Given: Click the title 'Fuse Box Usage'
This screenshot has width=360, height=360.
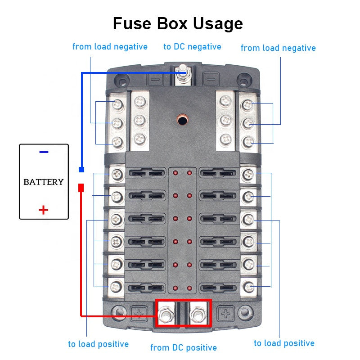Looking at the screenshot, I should coord(178,23).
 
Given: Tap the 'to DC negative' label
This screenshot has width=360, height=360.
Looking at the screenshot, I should coord(192,47).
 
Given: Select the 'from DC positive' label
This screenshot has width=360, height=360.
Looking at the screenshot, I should coord(183,347).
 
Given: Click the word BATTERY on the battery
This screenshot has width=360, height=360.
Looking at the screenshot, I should coord(44,182).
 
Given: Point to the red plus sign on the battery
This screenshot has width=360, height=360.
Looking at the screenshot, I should coord(43,210).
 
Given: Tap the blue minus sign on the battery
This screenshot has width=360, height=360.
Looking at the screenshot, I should coord(44,152).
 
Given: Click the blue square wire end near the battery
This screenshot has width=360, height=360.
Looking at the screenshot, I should coord(81,170).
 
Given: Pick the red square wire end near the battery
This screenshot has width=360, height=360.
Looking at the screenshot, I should coord(81,187).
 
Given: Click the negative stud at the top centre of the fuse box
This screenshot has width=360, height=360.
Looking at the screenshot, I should coord(183,72).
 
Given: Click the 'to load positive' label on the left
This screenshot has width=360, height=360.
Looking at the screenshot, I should coord(98,344).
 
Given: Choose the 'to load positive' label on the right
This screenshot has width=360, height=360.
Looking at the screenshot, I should coord(284,343).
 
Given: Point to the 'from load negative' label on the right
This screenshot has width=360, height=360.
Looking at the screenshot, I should coord(278,48).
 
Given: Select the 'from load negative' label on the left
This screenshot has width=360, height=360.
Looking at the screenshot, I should coord(110,47).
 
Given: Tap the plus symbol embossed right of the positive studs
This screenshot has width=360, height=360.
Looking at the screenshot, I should coord(226,314).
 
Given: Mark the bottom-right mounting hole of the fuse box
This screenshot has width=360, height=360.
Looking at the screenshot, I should coord(245,311).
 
